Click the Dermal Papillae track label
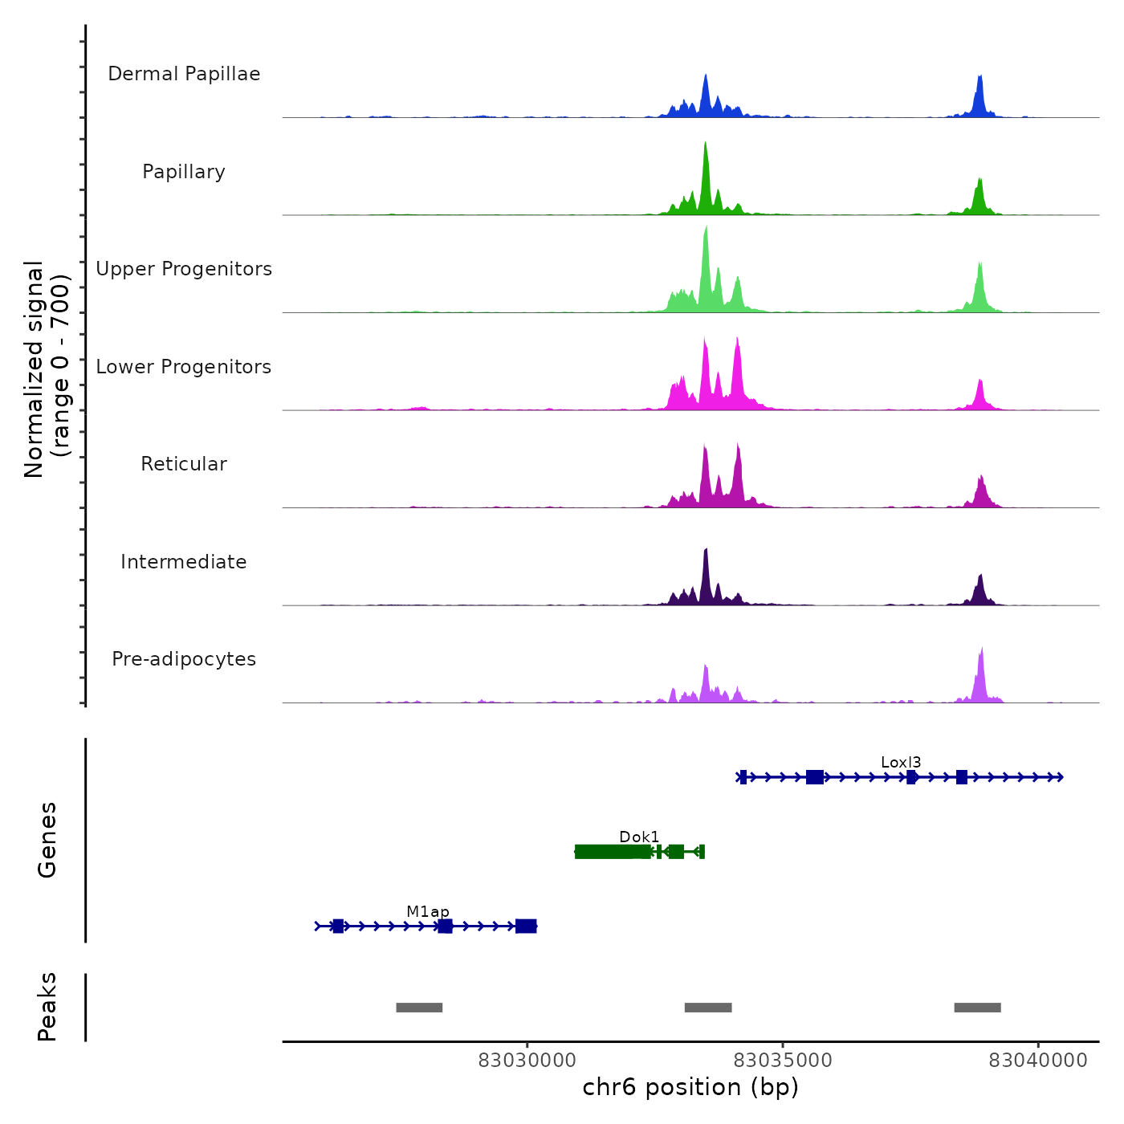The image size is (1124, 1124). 184,74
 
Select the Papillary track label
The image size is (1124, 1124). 184,172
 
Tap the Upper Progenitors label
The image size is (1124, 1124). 184,269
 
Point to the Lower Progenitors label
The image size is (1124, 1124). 184,367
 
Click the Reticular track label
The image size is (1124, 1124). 184,464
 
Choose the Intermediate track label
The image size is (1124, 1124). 184,562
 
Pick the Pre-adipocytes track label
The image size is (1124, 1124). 184,659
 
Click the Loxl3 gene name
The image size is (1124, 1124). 901,763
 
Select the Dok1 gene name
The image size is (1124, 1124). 639,837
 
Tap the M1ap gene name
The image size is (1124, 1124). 428,912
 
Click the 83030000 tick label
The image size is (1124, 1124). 527,1061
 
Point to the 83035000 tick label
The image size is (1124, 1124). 783,1061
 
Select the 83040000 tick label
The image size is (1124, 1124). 1038,1061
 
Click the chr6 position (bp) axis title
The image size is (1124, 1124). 690,1088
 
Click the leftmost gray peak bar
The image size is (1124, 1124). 419,1008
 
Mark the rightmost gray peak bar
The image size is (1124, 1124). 977,1008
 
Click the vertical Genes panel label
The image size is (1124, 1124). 47,840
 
